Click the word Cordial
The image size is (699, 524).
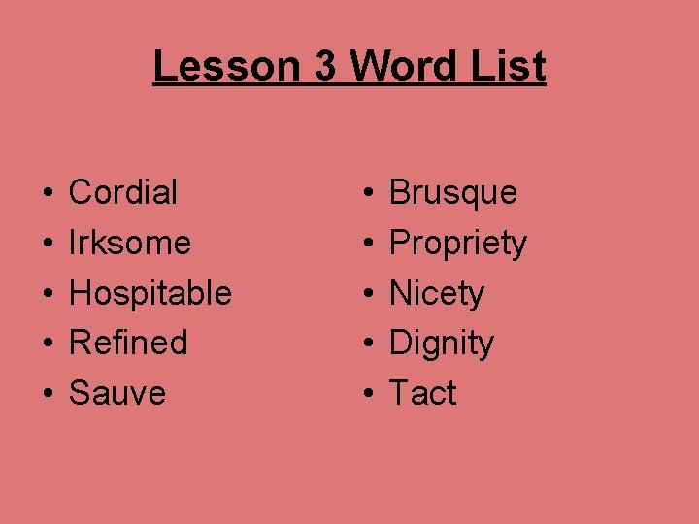coord(123,192)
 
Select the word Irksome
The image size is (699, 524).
coord(130,243)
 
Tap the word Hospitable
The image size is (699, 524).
coord(150,293)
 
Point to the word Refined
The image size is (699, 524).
coord(128,343)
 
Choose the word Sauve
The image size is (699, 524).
coord(117,393)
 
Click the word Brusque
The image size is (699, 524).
coord(452,193)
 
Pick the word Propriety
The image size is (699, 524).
coord(457,244)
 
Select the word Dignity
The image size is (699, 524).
coord(441,344)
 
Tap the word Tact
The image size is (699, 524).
coord(422,393)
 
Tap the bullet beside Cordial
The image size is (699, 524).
coord(48,193)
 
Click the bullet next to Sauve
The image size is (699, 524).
coord(48,394)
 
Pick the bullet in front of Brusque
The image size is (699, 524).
coord(368,193)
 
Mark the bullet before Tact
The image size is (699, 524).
coord(368,394)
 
